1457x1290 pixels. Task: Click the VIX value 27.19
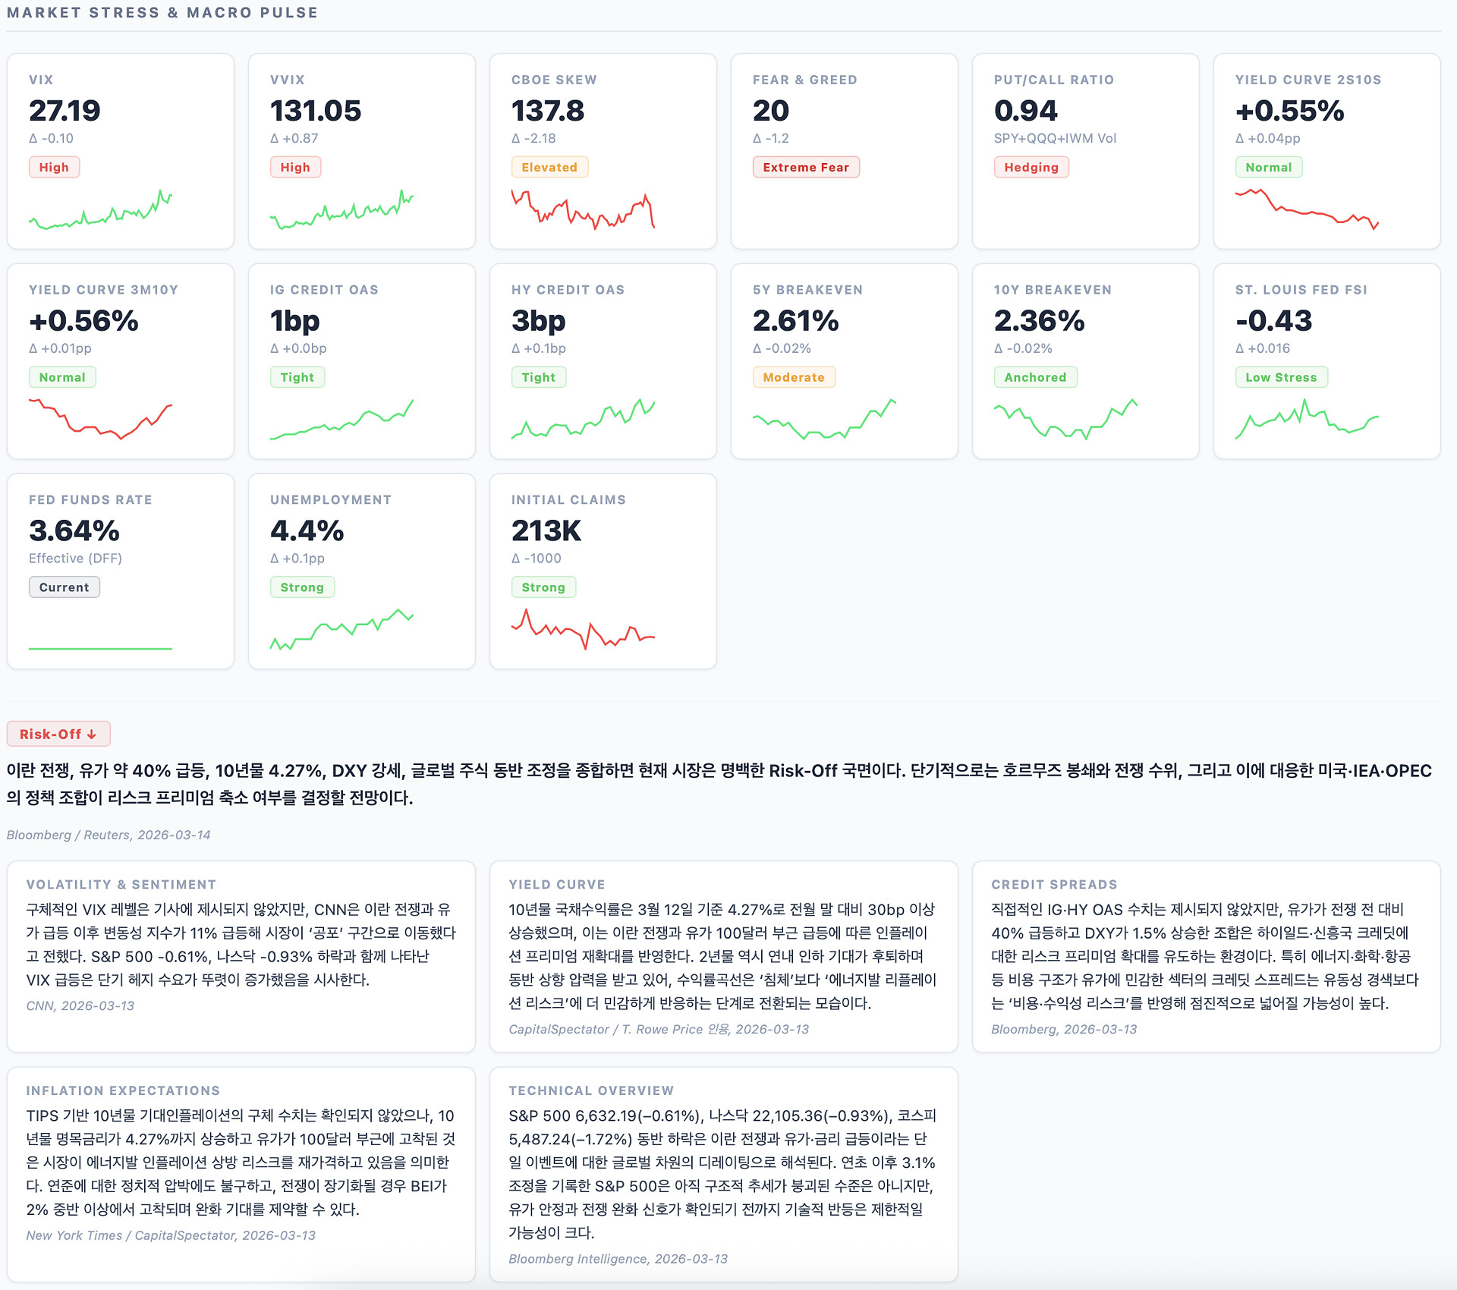click(x=65, y=111)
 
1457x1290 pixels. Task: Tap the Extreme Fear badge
click(x=805, y=167)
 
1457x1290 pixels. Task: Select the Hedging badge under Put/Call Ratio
click(x=1031, y=167)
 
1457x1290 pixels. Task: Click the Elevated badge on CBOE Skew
click(x=549, y=167)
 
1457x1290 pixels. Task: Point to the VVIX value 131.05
click(x=316, y=111)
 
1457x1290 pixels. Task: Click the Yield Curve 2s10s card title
click(x=1308, y=80)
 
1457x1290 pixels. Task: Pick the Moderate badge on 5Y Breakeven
click(x=793, y=377)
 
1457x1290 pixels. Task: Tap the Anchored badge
click(x=1034, y=377)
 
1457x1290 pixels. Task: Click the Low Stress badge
click(x=1280, y=377)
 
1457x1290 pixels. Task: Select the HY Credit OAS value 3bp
click(x=538, y=321)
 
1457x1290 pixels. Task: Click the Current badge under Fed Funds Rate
click(x=64, y=587)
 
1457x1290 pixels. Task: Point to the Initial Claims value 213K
click(x=546, y=531)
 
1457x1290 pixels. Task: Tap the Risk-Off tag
click(x=58, y=734)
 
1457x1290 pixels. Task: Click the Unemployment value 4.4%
click(x=307, y=531)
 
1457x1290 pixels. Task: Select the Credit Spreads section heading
click(x=1053, y=884)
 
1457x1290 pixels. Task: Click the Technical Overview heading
click(x=590, y=1090)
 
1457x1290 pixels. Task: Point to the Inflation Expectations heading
click(x=123, y=1090)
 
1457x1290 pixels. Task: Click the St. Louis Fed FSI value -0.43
click(x=1273, y=321)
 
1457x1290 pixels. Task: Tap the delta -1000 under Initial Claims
click(x=537, y=558)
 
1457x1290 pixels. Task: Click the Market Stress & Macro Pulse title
click(x=162, y=13)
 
